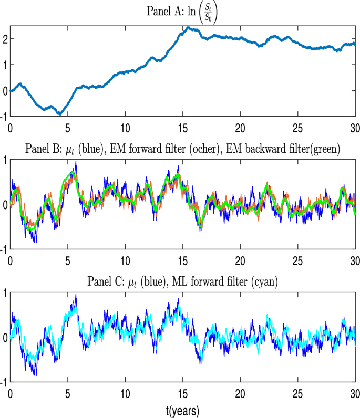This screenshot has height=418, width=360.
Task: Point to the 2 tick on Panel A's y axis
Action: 4,39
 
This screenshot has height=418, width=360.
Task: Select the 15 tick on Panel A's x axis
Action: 182,127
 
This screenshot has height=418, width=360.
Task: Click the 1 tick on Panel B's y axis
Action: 5,160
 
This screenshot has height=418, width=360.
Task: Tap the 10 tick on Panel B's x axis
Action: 125,260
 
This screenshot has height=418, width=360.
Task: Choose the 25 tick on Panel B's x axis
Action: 298,260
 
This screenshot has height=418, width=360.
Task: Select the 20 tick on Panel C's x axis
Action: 240,393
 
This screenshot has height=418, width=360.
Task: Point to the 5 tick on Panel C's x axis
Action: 67,393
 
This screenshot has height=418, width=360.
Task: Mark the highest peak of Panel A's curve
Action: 188,27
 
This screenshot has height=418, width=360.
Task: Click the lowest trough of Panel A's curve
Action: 60,113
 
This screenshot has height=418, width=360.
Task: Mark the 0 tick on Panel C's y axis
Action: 5,338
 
